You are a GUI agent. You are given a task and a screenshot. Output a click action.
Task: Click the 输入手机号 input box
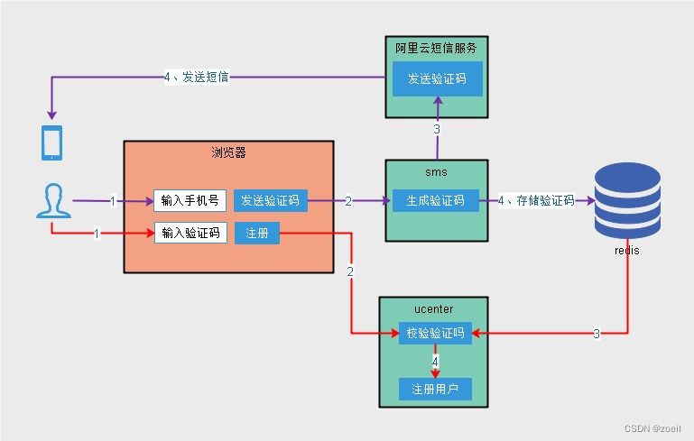[190, 201]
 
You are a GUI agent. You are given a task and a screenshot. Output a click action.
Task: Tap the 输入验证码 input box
[190, 233]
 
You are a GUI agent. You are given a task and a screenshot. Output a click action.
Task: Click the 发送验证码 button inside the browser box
[271, 201]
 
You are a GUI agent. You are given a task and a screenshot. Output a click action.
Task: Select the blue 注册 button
[257, 233]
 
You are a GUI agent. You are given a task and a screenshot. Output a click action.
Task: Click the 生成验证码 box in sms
[436, 201]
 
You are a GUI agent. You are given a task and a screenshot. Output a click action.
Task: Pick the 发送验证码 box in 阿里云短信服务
[438, 78]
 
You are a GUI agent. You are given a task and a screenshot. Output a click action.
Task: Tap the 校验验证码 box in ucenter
[436, 333]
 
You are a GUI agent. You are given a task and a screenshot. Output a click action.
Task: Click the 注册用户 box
[435, 390]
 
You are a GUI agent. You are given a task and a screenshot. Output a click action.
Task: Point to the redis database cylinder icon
[627, 200]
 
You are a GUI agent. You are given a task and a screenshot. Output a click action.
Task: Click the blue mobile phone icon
[51, 142]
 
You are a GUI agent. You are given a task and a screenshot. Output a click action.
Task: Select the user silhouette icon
[53, 201]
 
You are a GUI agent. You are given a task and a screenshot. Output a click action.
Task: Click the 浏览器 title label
[228, 152]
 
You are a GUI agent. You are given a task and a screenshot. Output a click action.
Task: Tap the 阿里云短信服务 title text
[436, 48]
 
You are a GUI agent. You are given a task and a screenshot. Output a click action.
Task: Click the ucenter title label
[434, 309]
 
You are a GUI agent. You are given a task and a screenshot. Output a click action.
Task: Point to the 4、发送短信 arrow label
[197, 77]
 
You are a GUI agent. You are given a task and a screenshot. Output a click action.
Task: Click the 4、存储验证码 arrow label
[536, 201]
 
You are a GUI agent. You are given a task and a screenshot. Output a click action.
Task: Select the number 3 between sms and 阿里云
[437, 129]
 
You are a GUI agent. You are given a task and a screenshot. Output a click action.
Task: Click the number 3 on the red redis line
[597, 334]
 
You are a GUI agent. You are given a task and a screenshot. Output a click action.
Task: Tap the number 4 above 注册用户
[435, 362]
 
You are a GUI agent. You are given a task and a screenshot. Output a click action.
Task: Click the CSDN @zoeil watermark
[652, 428]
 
